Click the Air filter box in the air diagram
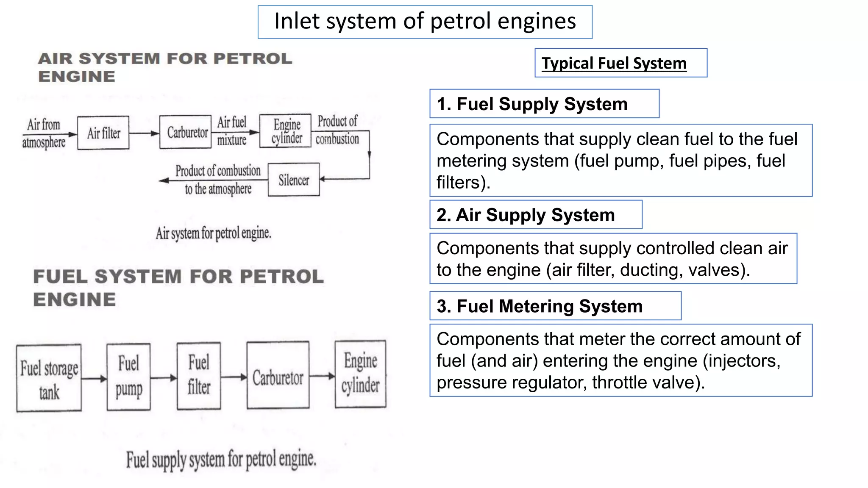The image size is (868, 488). tap(103, 133)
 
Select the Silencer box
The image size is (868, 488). tap(294, 180)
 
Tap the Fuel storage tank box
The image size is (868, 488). tap(49, 378)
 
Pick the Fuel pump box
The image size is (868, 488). tap(128, 377)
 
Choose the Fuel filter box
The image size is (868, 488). tap(199, 376)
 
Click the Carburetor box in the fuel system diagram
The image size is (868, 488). tap(278, 375)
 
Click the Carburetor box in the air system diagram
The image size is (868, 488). tap(186, 132)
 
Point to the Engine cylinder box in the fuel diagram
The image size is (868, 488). tap(360, 374)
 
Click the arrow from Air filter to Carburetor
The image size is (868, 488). tap(144, 133)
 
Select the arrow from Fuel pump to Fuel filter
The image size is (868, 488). tap(164, 377)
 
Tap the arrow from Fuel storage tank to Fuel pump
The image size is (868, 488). tap(94, 378)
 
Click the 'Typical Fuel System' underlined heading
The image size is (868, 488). tap(614, 64)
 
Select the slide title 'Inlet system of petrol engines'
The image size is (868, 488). tap(425, 21)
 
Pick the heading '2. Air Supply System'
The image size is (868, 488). tap(526, 215)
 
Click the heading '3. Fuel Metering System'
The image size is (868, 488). tap(540, 306)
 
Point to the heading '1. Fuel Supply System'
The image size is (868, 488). tap(532, 104)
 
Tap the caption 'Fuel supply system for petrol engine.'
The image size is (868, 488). tap(221, 459)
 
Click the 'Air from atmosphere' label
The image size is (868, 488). tap(44, 133)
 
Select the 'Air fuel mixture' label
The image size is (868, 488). tap(232, 131)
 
